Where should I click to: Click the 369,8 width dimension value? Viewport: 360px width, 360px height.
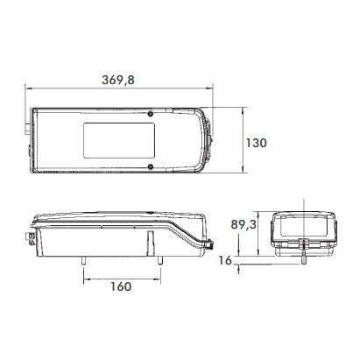118,80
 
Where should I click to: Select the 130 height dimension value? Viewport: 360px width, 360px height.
256,143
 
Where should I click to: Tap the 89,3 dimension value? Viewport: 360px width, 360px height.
244,224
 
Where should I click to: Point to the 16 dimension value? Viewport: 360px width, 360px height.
225,260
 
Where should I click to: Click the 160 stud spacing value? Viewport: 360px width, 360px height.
121,286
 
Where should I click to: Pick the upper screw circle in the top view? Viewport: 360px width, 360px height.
151,114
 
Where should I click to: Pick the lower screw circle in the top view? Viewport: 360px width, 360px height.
151,166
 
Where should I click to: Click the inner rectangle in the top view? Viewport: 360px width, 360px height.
119,140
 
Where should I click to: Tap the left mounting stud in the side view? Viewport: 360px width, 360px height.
84,260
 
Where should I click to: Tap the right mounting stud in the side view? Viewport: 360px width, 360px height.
160,260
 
